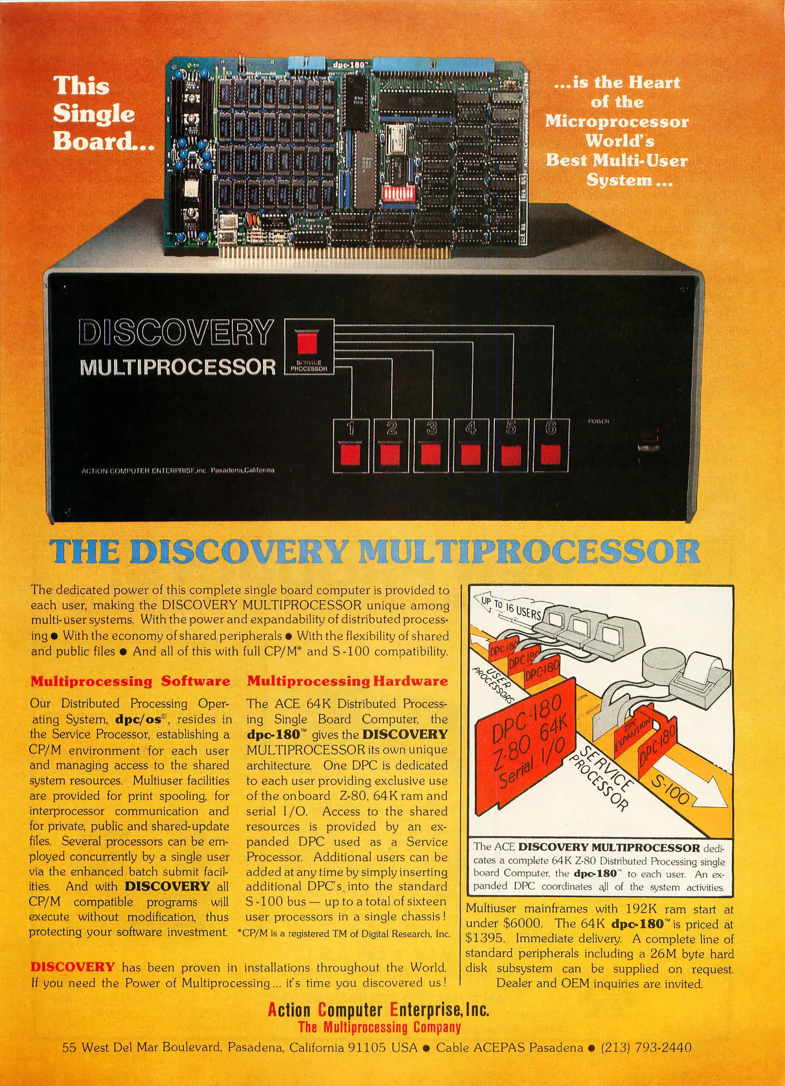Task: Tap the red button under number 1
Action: pyautogui.click(x=351, y=455)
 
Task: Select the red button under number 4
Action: pyautogui.click(x=471, y=455)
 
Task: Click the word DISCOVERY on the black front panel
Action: pyautogui.click(x=176, y=333)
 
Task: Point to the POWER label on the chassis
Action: pyautogui.click(x=598, y=421)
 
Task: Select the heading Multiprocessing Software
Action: pyautogui.click(x=130, y=681)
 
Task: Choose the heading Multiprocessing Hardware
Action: pyautogui.click(x=347, y=681)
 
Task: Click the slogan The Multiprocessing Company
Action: pyautogui.click(x=379, y=1027)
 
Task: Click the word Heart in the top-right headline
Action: pyautogui.click(x=651, y=82)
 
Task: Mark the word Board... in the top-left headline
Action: pyautogui.click(x=103, y=141)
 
